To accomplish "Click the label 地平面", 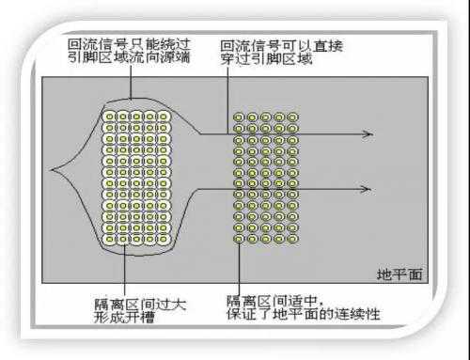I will (x=399, y=274).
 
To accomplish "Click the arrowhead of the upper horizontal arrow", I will (x=368, y=133).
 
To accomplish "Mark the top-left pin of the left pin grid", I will (x=110, y=116).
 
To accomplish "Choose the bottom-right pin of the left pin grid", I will (x=164, y=241).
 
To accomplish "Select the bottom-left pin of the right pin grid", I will (x=239, y=240).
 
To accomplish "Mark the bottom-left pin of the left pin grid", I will (x=110, y=241).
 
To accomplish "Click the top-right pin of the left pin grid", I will (x=164, y=116).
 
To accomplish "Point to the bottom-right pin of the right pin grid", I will (x=293, y=240).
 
